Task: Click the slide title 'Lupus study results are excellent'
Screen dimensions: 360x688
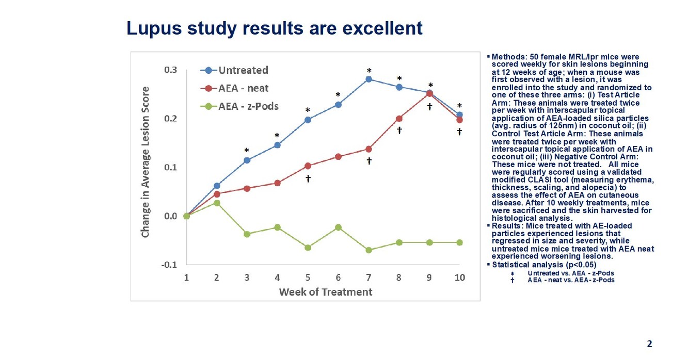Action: pos(274,28)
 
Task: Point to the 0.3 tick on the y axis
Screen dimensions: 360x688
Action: pos(170,70)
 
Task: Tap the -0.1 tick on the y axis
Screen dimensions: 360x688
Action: pos(169,265)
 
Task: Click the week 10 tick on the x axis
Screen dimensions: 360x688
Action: pos(459,277)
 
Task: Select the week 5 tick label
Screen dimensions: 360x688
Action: pos(308,277)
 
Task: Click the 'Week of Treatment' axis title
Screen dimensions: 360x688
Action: pos(325,292)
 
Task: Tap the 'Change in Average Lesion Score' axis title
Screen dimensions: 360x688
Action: pos(146,162)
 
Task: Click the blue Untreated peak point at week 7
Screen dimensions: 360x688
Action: pos(369,79)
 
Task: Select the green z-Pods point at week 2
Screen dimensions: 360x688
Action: pos(217,203)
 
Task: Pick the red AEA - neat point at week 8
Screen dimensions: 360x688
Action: pos(399,119)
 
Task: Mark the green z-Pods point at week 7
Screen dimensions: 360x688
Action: pos(369,250)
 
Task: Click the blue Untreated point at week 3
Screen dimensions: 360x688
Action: pos(247,160)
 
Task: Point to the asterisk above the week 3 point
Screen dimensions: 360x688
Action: pos(247,151)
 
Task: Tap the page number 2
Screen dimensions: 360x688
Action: pos(649,344)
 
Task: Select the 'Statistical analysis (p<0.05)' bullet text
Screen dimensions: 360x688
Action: pos(530,265)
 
